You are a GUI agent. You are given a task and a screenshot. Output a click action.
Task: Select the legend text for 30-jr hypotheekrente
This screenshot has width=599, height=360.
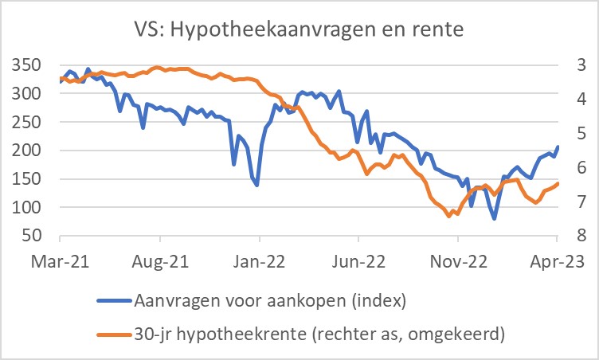(x=319, y=334)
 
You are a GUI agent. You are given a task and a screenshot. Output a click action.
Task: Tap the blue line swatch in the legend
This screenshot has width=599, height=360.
(x=114, y=300)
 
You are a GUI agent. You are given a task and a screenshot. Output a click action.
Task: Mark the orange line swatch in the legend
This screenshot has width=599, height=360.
(x=114, y=334)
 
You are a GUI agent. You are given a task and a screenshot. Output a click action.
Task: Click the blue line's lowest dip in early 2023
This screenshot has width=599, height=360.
(x=495, y=218)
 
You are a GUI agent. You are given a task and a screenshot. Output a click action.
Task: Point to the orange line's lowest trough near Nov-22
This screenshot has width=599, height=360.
(x=449, y=216)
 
